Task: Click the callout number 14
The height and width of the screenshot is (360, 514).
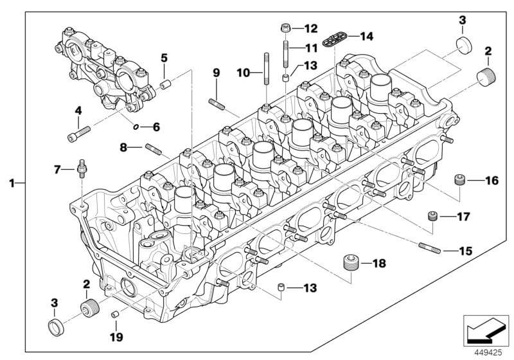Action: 366,36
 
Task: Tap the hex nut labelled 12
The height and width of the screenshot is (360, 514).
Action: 285,28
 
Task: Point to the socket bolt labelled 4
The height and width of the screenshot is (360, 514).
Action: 78,134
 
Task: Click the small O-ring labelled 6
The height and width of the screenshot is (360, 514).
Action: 136,127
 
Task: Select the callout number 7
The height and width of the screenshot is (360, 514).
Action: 57,170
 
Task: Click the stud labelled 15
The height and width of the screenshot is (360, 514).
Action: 430,248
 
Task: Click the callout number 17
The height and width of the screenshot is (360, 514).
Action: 463,217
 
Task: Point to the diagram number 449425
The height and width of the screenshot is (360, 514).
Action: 488,353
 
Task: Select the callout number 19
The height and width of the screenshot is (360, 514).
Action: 116,337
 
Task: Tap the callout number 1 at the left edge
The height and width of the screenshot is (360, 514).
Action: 12,183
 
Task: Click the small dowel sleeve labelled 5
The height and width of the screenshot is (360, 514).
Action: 164,85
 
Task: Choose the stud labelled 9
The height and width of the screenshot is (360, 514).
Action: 217,104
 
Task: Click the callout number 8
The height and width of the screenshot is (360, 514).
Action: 123,148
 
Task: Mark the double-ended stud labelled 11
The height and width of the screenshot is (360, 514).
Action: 286,54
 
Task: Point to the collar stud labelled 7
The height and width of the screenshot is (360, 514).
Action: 82,169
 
